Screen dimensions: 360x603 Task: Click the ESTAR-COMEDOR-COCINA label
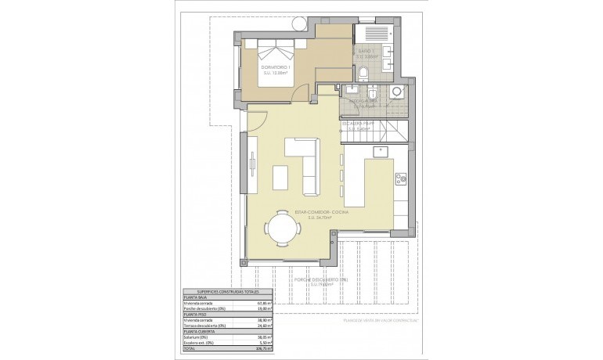pos(320,212)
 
